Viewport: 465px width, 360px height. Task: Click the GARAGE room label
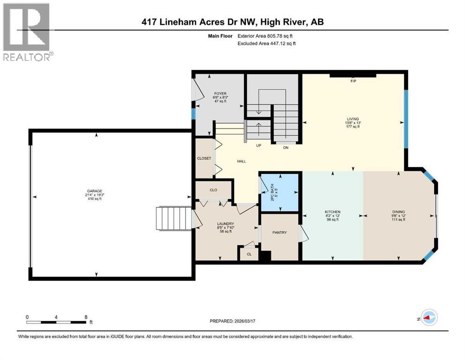(x=94, y=191)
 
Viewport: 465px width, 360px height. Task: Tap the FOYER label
(x=220, y=94)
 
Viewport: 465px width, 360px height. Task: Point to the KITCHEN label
(x=332, y=212)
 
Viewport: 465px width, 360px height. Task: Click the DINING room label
(x=399, y=212)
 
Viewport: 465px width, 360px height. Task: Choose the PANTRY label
(x=280, y=232)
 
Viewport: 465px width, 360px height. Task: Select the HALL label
(x=241, y=161)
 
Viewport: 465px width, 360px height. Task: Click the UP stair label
(x=258, y=146)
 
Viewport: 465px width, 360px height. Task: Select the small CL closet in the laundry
(x=249, y=254)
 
